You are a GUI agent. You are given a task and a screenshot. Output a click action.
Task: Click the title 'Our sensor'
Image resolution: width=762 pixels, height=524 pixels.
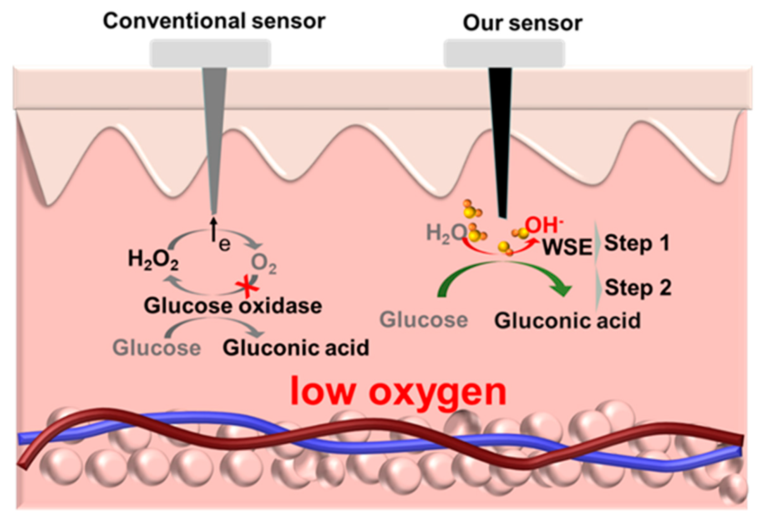tap(522, 23)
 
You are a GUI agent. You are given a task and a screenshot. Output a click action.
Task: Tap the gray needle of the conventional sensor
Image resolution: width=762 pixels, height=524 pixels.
tap(214, 131)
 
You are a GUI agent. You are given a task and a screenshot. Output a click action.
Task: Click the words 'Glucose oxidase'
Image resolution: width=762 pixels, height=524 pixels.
tap(233, 306)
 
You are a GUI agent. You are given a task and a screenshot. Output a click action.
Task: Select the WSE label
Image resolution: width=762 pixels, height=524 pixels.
tap(568, 247)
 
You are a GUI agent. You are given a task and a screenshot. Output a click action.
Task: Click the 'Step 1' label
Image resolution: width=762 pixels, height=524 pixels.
tap(637, 244)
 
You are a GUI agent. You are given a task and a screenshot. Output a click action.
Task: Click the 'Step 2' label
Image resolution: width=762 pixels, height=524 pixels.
tap(638, 288)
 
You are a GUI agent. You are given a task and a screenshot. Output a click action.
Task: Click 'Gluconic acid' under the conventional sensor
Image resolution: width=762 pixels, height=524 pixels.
tap(296, 348)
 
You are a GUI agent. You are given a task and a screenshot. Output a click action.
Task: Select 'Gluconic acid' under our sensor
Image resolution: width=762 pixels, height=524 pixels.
tap(568, 321)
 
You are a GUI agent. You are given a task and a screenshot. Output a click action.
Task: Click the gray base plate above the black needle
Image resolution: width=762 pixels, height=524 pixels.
tap(504, 53)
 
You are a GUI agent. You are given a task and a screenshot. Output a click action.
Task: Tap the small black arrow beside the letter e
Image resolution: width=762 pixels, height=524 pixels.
tap(214, 228)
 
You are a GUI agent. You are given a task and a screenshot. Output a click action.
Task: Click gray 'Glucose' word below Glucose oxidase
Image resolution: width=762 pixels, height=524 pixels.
tap(156, 348)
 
